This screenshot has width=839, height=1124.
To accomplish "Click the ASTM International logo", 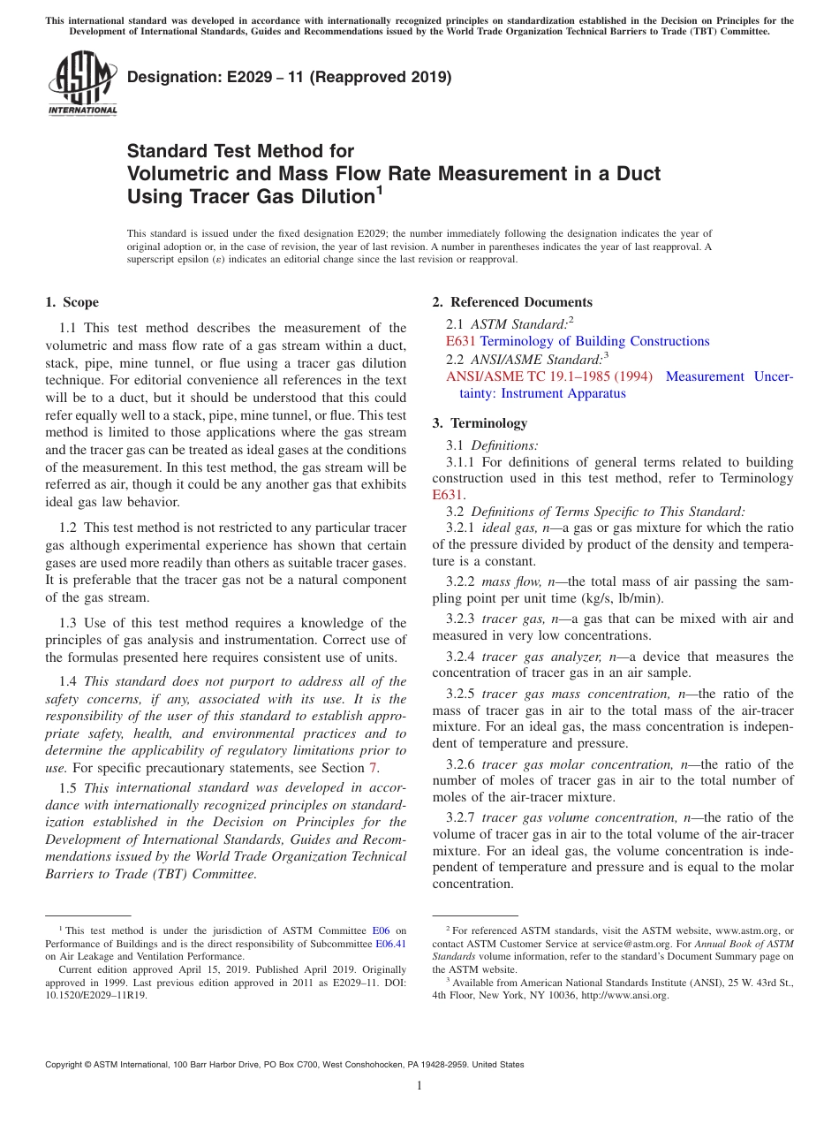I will (x=82, y=84).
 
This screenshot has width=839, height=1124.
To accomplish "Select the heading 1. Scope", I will (x=72, y=302).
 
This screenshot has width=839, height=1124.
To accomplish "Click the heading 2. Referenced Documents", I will (x=512, y=302).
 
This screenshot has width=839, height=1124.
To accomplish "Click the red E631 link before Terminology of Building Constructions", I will (x=461, y=341).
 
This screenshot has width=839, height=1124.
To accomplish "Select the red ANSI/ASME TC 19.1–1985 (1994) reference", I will (x=549, y=376).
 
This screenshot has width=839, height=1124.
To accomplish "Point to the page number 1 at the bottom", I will (x=419, y=1086).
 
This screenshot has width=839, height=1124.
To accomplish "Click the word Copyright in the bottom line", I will (x=66, y=1065).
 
